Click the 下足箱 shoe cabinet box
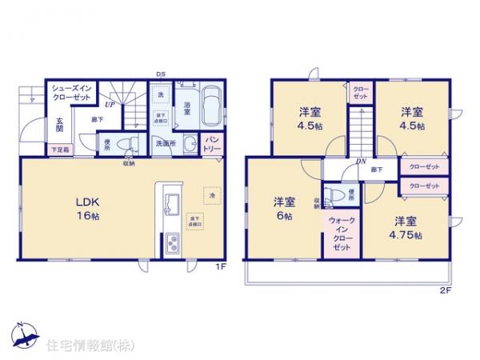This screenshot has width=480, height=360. pyautogui.click(x=61, y=150)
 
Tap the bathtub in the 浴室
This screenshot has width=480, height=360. pyautogui.click(x=212, y=106)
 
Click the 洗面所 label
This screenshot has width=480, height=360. pyautogui.click(x=166, y=144)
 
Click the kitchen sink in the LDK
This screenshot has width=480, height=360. pyautogui.click(x=172, y=202)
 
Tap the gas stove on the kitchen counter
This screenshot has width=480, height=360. pyautogui.click(x=172, y=242)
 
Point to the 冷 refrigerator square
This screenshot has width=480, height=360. pyautogui.click(x=212, y=194)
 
